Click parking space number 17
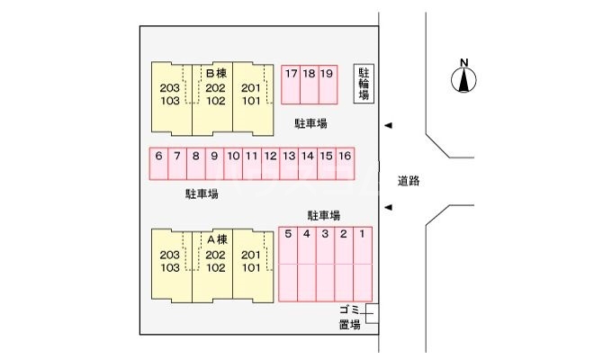coord(291,74)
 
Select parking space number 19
coord(327,74)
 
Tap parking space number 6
coord(158,156)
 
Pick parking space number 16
coord(345,156)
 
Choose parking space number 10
coord(233,156)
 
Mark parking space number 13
coord(289,156)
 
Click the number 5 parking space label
coord(288,235)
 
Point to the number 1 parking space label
coord(362,235)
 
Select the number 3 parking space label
coord(325,235)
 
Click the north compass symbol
coord(463,79)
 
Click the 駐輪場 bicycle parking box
coord(364,83)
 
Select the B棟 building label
coord(215,73)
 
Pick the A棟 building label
coord(215,239)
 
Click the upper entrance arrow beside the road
coord(388,125)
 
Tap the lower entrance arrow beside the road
coord(388,209)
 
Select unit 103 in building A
coord(169,267)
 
